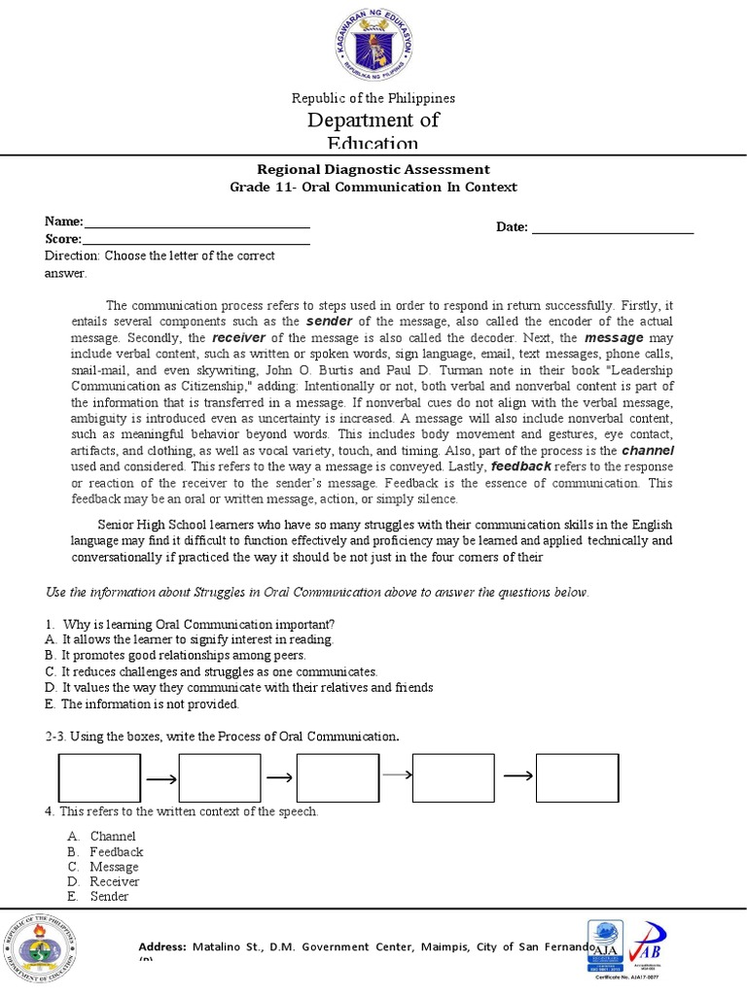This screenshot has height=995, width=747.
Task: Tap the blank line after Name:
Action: tap(196, 223)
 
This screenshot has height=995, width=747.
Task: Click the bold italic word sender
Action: tap(327, 321)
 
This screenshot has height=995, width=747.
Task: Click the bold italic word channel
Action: tap(648, 452)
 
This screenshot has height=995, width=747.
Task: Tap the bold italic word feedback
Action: tap(521, 466)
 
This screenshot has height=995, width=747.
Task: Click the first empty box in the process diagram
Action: tap(100, 777)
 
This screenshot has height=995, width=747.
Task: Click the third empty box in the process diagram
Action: tap(338, 777)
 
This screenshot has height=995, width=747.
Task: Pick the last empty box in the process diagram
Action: tap(577, 777)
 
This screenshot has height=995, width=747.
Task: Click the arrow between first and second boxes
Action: tap(160, 778)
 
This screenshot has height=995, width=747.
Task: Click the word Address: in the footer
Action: tap(162, 946)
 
